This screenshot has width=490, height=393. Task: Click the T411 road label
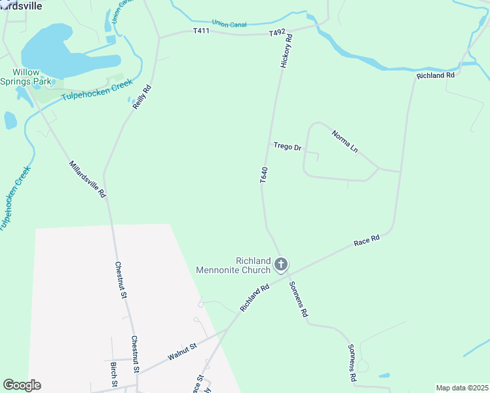pyautogui.click(x=201, y=31)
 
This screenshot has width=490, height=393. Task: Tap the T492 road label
pyautogui.click(x=277, y=32)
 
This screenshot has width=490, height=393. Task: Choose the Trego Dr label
pyautogui.click(x=287, y=147)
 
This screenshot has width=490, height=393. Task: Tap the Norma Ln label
pyautogui.click(x=345, y=141)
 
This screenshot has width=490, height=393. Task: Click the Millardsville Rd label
pyautogui.click(x=87, y=179)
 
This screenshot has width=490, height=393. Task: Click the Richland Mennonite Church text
pyautogui.click(x=233, y=265)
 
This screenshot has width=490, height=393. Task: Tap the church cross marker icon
pyautogui.click(x=281, y=265)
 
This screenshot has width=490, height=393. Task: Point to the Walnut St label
pyautogui.click(x=182, y=352)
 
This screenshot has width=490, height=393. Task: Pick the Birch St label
pyautogui.click(x=114, y=374)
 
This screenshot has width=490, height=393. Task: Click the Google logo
pyautogui.click(x=22, y=385)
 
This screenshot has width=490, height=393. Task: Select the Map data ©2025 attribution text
pyautogui.click(x=462, y=388)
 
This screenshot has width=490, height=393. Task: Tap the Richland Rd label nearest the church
pyautogui.click(x=255, y=297)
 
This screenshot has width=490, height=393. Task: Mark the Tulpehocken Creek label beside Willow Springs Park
pyautogui.click(x=97, y=90)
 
